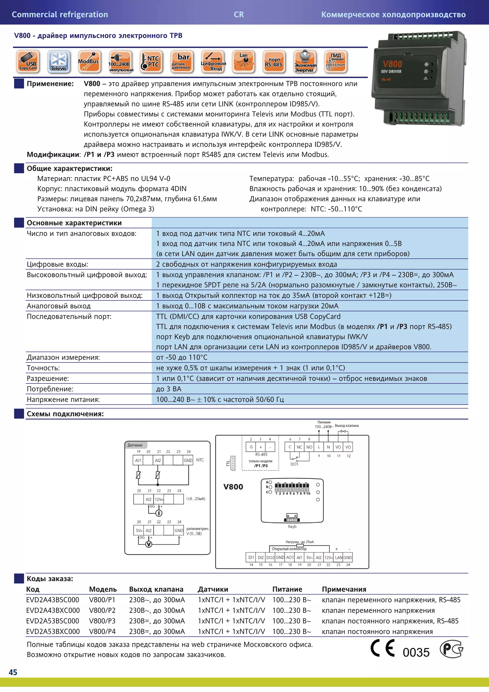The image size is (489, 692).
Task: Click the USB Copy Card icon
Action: [x=28, y=62]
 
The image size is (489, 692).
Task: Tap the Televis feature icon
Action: [x=59, y=62]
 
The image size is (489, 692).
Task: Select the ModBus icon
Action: [x=89, y=62]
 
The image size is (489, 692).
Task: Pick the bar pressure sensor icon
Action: [x=182, y=62]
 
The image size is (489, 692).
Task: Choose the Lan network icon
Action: [x=244, y=62]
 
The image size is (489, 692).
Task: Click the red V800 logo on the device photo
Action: [x=392, y=64]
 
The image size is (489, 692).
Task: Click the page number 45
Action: [x=13, y=672]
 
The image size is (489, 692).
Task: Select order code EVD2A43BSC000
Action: [x=53, y=600]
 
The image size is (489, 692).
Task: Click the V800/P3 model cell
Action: [x=102, y=621]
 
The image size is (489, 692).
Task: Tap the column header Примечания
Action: [x=344, y=589]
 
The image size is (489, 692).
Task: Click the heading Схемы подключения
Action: [x=65, y=414]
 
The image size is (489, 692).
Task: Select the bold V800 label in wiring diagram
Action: [x=233, y=487]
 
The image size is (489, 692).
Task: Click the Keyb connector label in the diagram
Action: [x=292, y=526]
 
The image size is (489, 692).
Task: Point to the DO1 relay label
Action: [x=294, y=464]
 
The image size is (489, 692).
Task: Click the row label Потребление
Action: [x=50, y=389]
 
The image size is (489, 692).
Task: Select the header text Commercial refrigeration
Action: [x=60, y=15]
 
